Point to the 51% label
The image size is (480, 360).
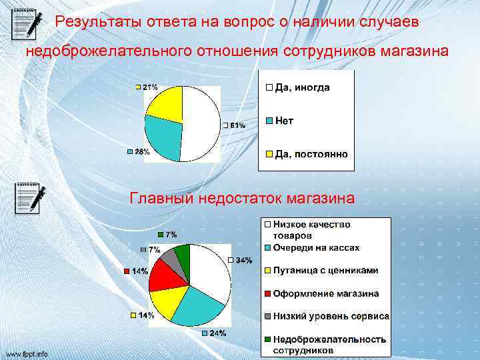[237, 125]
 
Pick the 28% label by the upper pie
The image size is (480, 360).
[142, 152]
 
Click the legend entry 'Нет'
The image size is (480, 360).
[284, 121]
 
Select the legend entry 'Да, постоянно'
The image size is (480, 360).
[311, 154]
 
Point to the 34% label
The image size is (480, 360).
[243, 260]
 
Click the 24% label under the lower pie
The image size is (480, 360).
[218, 333]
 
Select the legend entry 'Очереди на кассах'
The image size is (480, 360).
[316, 247]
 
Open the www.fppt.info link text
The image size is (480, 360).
[27, 354]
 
